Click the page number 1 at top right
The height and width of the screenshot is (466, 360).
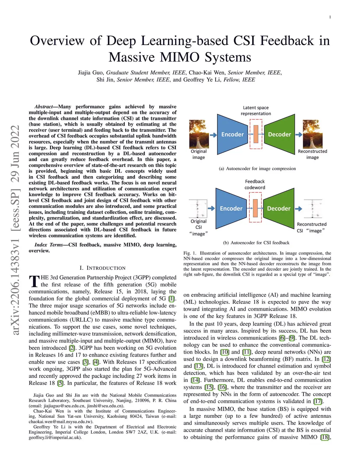click(330, 17)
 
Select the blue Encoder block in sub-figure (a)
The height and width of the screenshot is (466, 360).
click(232, 134)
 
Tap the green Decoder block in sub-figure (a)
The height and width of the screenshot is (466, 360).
click(279, 134)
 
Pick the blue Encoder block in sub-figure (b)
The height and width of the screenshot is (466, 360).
click(231, 208)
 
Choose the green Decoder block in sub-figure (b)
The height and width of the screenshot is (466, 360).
click(278, 208)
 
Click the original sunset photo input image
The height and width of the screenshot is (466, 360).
click(199, 134)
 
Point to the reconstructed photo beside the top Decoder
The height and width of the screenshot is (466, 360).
click(313, 134)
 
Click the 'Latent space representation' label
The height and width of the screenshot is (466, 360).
click(256, 110)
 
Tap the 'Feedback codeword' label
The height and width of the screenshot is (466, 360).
click(255, 184)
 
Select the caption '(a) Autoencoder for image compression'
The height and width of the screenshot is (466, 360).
click(257, 168)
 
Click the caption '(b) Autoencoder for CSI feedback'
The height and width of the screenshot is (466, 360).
click(256, 243)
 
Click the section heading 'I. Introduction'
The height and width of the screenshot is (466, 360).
click(102, 268)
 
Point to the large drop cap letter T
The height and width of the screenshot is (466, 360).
click(34, 281)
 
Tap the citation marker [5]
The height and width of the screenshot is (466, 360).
click(60, 383)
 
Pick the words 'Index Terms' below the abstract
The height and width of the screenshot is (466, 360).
click(49, 245)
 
